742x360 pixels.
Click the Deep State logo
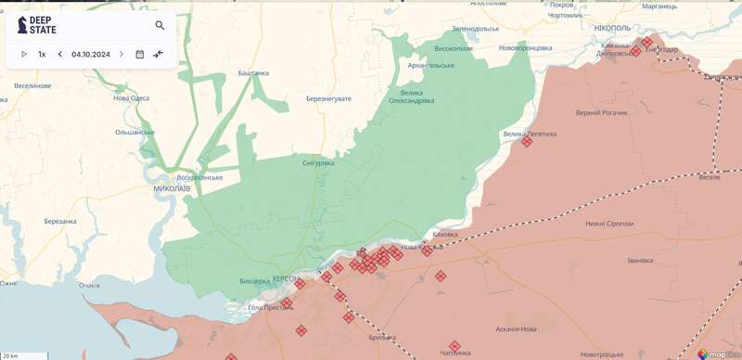[x=37, y=25]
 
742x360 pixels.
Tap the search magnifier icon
[x=160, y=26]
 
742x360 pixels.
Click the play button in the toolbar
[x=24, y=55]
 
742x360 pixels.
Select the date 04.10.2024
[x=91, y=55]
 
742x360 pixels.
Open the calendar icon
[x=140, y=55]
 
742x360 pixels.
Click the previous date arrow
[x=60, y=55]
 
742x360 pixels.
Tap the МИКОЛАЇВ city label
[x=172, y=188]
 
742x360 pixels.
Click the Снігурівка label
[x=318, y=162]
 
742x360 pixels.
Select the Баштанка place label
[x=253, y=72]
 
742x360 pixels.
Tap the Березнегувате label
[x=330, y=97]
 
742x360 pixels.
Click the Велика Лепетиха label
[x=530, y=134]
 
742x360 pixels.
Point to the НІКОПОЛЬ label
[x=612, y=29]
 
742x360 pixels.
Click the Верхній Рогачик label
[x=601, y=112]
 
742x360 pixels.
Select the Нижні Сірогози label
[x=608, y=224]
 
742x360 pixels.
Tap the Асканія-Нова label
[x=517, y=329]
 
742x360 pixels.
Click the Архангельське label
[x=430, y=65]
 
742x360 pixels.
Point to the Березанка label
[x=60, y=222]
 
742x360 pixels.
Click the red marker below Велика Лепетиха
[x=527, y=142]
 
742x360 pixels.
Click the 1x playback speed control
[x=42, y=55]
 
